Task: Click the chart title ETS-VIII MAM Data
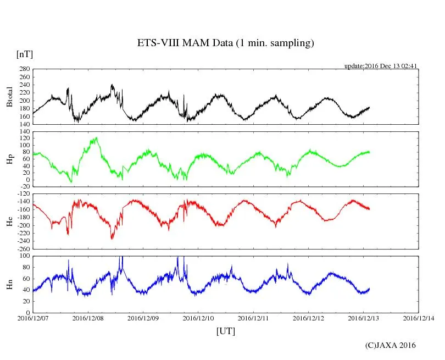tap(225, 43)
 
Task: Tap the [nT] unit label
tap(25, 54)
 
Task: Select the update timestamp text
tap(381, 66)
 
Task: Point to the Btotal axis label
tap(9, 97)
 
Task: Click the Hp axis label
tap(9, 159)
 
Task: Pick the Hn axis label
tap(9, 284)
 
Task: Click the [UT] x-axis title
tap(226, 331)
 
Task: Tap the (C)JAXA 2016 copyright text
tap(391, 346)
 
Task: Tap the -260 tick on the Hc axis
tap(23, 249)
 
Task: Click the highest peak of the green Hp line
tap(97, 137)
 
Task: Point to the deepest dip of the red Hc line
tap(112, 239)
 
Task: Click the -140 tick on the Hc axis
tap(23, 202)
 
